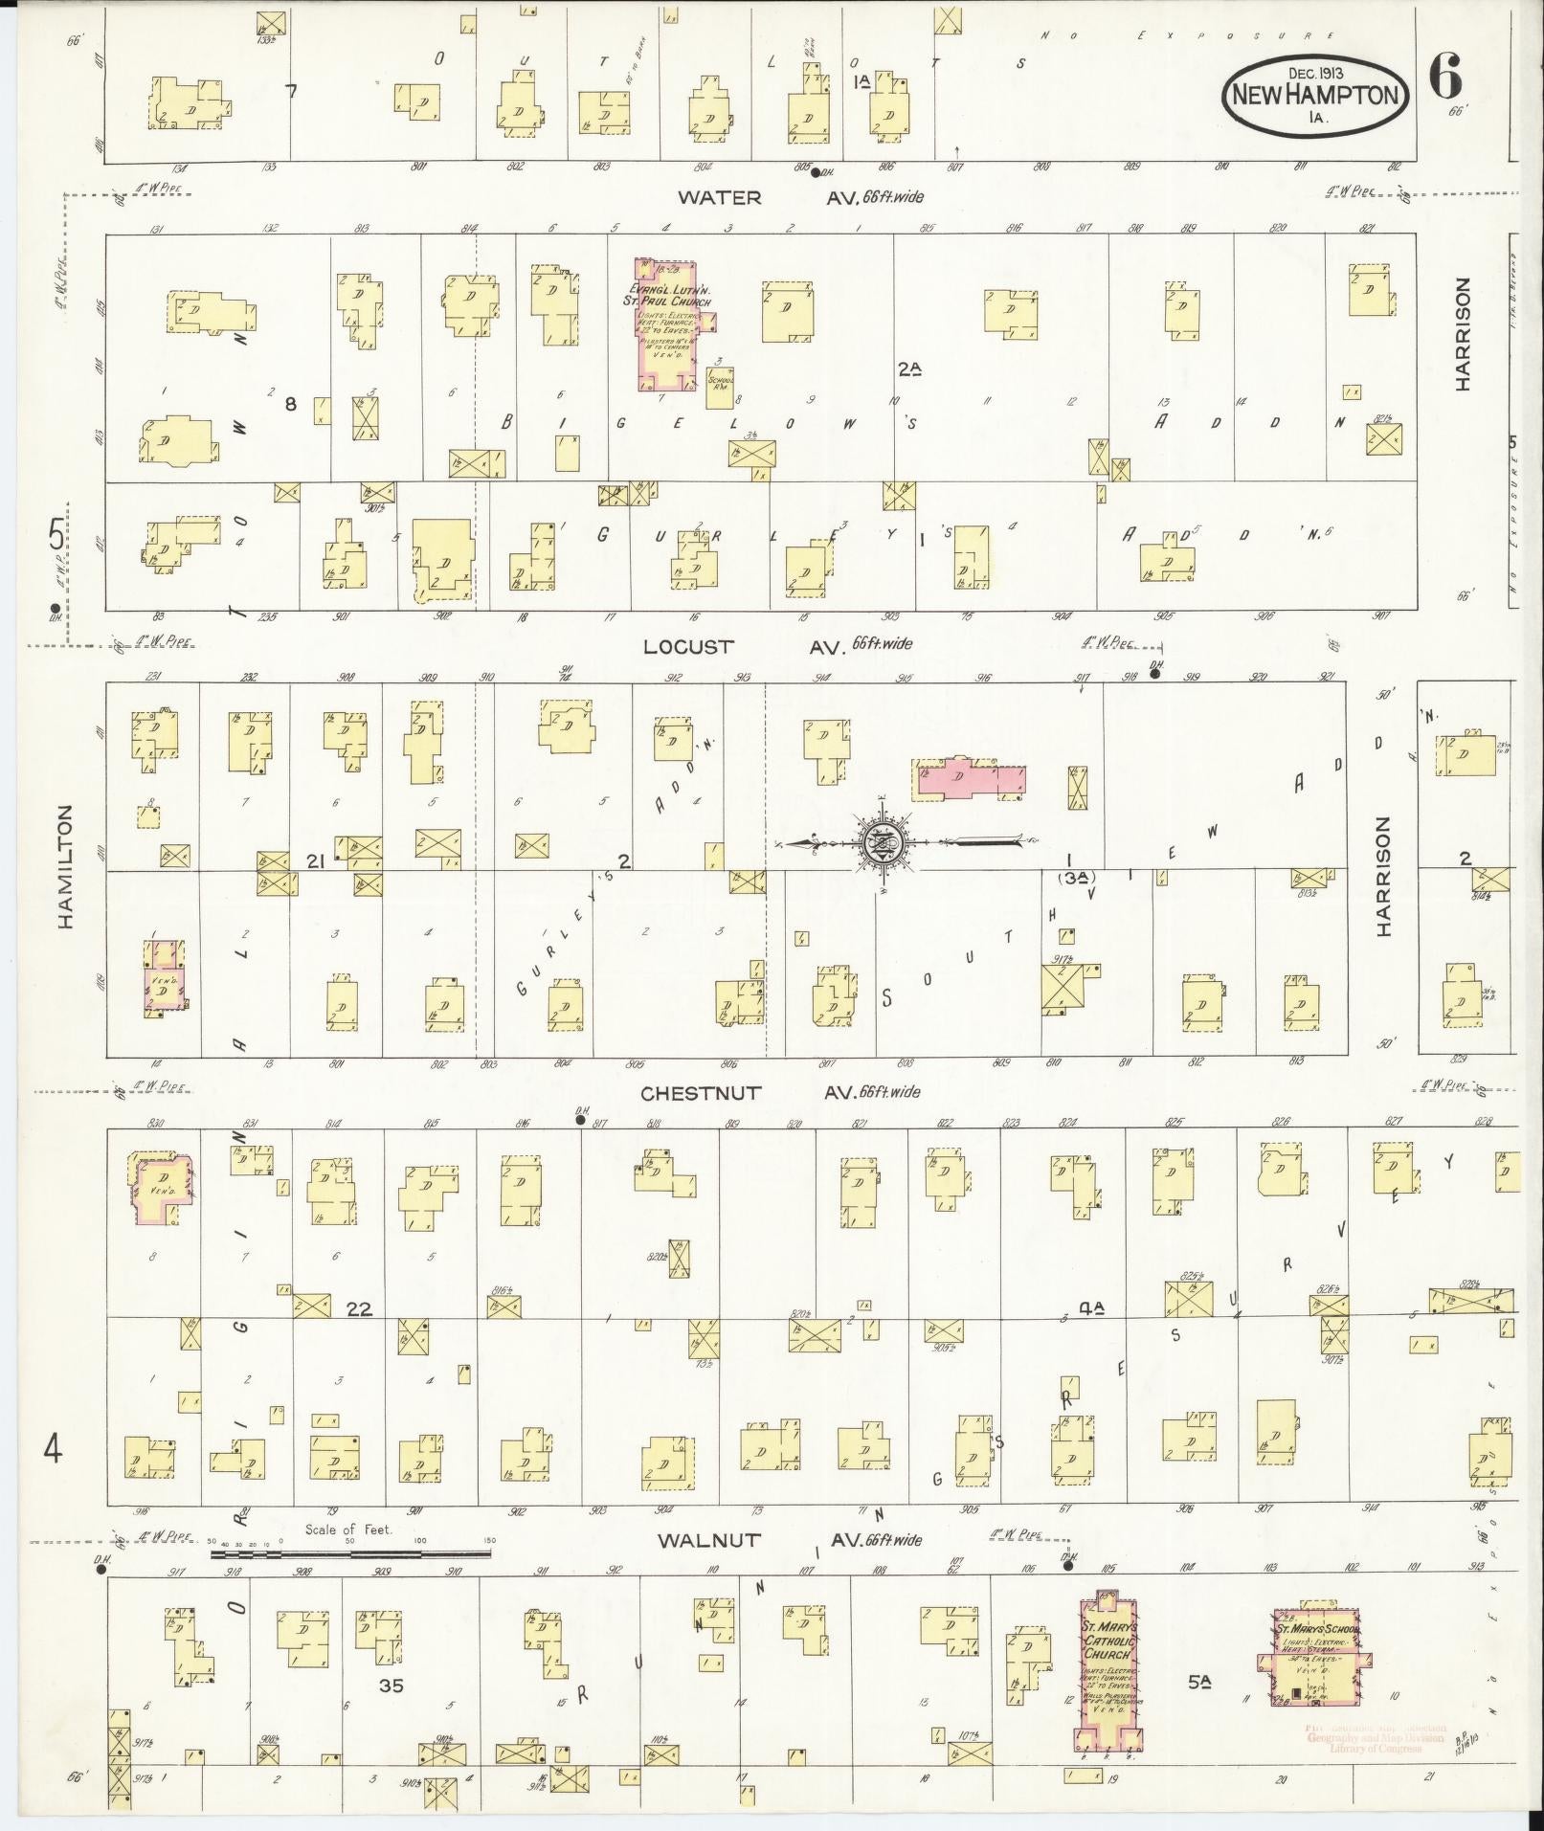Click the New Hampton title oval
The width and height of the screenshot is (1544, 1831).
click(x=1316, y=93)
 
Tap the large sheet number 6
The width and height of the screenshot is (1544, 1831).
click(x=1445, y=76)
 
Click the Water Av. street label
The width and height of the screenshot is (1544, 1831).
click(x=719, y=198)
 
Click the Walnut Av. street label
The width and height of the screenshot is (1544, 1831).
click(x=708, y=1540)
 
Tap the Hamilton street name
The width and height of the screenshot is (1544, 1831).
click(x=65, y=866)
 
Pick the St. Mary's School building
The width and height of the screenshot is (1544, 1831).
click(x=1317, y=1665)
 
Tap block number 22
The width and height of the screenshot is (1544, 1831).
click(x=359, y=1309)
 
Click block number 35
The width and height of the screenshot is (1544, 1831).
click(x=391, y=1685)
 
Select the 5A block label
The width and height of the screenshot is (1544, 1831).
click(x=1198, y=1679)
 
